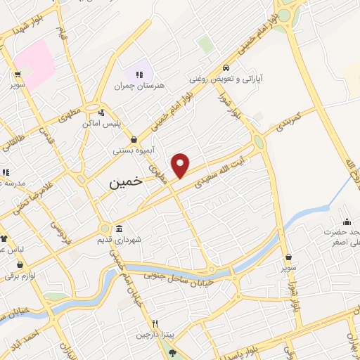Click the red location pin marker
click(x=181, y=165)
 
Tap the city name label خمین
click(x=126, y=181)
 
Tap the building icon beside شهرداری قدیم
click(x=118, y=229)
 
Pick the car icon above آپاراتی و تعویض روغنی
click(x=225, y=68)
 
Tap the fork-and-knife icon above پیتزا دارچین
click(x=155, y=323)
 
